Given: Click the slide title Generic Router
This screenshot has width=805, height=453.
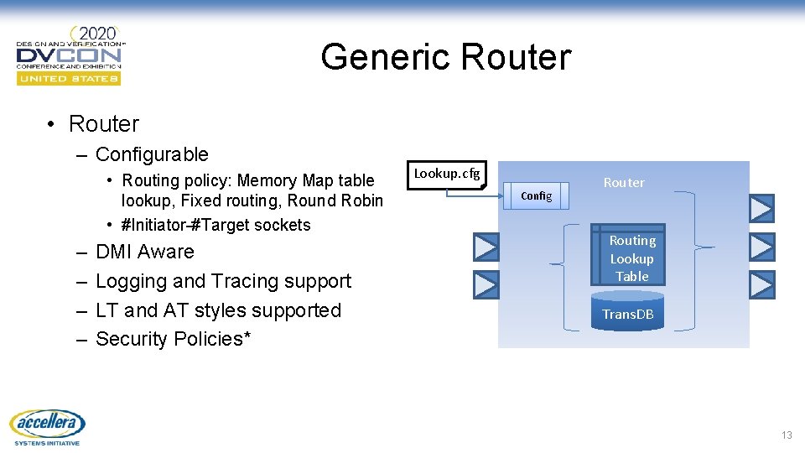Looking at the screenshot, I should [445, 57].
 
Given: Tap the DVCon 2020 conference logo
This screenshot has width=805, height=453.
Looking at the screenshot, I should [70, 55].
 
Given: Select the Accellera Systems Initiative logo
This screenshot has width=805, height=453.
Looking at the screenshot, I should [46, 426].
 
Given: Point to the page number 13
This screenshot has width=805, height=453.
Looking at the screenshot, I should [786, 435].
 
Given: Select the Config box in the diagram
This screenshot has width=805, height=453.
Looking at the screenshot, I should [537, 196].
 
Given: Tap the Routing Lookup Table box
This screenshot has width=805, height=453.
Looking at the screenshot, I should [631, 258].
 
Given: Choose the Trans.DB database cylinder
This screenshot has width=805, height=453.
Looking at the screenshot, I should [627, 312].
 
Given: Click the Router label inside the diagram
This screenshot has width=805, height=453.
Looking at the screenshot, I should [624, 182].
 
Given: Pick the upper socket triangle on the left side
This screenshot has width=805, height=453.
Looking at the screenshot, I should [486, 247].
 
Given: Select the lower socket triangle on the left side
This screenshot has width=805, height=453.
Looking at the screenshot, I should [486, 285].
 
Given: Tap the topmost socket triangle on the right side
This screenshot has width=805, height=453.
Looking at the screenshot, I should [761, 207].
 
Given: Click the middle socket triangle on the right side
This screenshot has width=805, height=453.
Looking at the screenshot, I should [761, 247].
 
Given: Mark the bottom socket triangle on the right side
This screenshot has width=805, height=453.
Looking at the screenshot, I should [761, 285].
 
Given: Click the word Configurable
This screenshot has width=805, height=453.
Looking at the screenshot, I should [152, 154].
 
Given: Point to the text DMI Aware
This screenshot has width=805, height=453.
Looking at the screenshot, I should [144, 252].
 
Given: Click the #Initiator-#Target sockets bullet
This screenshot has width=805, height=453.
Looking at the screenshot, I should [216, 225].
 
